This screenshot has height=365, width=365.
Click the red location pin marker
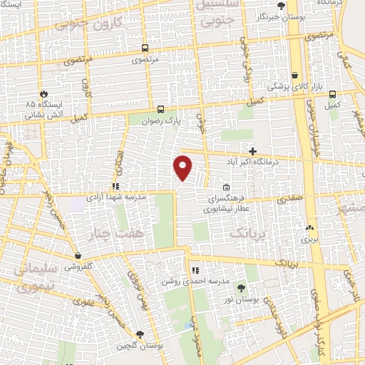(x=183, y=168)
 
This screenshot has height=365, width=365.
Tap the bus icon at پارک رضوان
(x=160, y=110)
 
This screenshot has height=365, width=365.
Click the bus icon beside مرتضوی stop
(x=145, y=48)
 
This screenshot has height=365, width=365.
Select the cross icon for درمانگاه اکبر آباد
(x=252, y=150)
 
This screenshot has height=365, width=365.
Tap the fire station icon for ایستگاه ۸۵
(x=44, y=93)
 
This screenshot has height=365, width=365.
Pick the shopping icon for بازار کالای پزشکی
(x=295, y=75)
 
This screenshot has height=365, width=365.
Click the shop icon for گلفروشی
(x=78, y=255)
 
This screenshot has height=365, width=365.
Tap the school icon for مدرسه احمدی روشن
(x=195, y=271)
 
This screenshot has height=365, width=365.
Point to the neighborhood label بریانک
(x=250, y=234)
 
